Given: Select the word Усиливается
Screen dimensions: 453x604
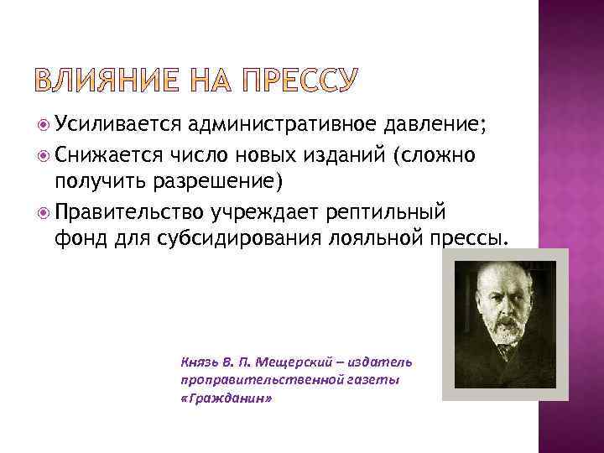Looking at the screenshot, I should [x=119, y=126].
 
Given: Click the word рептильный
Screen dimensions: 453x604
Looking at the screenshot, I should [x=392, y=211].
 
